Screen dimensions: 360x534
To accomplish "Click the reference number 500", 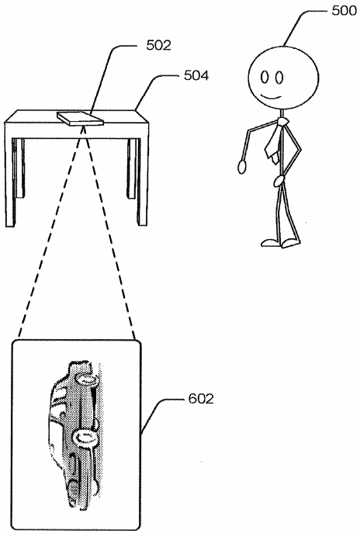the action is [x=344, y=11].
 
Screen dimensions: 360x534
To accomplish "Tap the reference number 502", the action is [x=158, y=45].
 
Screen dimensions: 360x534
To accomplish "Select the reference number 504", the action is [x=196, y=75].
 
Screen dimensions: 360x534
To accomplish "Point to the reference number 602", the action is [x=201, y=399].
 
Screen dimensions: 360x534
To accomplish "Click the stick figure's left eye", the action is [x=265, y=78].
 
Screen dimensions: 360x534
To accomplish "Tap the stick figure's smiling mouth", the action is [x=271, y=96].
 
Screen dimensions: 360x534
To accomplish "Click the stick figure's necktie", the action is [x=275, y=139].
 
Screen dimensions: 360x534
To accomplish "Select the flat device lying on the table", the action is [x=80, y=119].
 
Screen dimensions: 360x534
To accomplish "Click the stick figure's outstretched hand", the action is [x=242, y=167].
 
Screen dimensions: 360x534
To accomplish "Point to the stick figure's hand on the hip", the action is [x=279, y=181].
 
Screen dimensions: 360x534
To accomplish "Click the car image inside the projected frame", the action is [x=74, y=434].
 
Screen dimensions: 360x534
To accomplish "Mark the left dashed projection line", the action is [x=50, y=234].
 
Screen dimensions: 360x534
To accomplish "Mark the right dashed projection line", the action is [x=109, y=234].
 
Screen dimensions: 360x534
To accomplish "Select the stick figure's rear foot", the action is [x=272, y=242].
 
